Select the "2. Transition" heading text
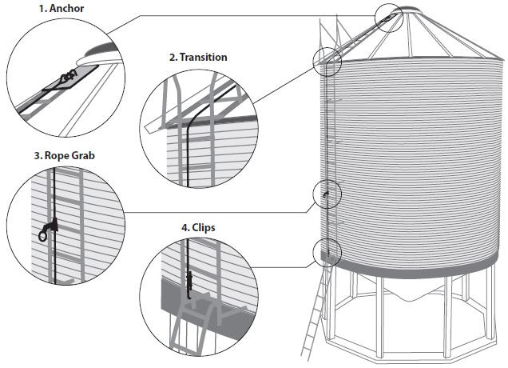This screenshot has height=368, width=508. tap(197, 58)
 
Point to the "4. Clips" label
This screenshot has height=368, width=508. tap(198, 227)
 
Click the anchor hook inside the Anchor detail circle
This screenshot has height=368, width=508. tap(67, 77)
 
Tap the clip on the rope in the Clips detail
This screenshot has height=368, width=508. tap(190, 281)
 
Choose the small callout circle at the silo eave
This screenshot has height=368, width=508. tap(328, 59)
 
